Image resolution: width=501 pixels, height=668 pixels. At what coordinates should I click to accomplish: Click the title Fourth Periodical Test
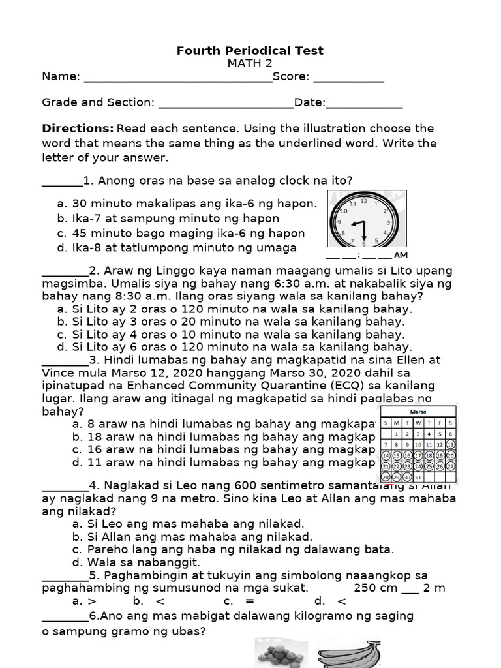point(250,51)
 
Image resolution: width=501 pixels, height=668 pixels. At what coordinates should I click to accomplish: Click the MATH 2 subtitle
point(250,63)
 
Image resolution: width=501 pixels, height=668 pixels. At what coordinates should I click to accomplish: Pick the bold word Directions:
point(78,129)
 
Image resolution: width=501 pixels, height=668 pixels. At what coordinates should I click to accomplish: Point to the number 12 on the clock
point(364,202)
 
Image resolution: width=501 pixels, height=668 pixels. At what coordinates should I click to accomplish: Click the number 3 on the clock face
point(388,223)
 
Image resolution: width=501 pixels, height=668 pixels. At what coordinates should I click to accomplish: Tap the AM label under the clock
point(401,255)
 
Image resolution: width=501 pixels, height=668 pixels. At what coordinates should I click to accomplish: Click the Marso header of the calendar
point(417,412)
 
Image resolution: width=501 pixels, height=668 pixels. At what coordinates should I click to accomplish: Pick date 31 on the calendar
point(417,478)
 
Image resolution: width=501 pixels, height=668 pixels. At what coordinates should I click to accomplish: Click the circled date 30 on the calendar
point(407,478)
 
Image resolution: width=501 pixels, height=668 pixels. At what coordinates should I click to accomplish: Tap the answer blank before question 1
point(62,181)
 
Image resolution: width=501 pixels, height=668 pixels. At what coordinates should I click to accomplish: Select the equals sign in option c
point(250,601)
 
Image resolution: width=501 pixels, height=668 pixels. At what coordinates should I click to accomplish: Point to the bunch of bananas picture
point(349,654)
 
